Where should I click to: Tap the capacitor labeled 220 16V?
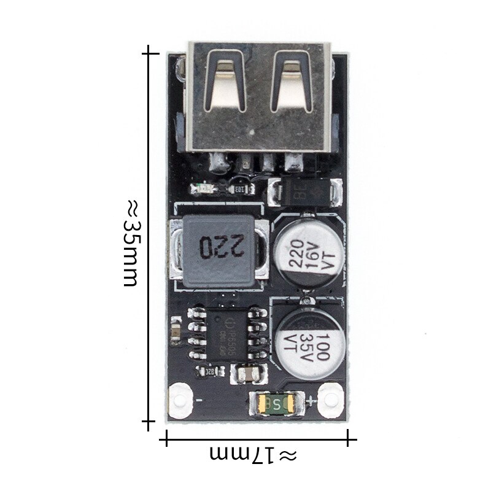point(304,253)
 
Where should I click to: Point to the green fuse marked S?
point(277,403)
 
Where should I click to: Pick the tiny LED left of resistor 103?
point(198,188)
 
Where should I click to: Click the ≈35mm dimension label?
point(131,242)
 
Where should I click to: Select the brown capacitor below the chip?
point(249,374)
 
